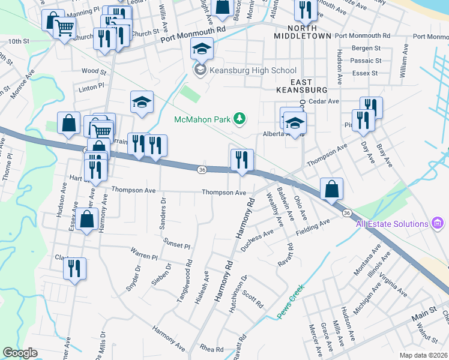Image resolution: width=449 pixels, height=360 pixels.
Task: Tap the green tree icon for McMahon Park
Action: [x=240, y=118]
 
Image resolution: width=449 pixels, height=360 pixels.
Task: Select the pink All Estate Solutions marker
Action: [x=438, y=224]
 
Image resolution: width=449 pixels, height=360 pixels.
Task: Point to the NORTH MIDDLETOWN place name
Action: [x=302, y=32]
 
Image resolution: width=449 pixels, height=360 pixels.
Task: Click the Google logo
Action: [x=20, y=353]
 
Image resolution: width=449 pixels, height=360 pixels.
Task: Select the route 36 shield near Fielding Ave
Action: [x=347, y=213]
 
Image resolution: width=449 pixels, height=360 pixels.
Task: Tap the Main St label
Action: [x=424, y=314]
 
